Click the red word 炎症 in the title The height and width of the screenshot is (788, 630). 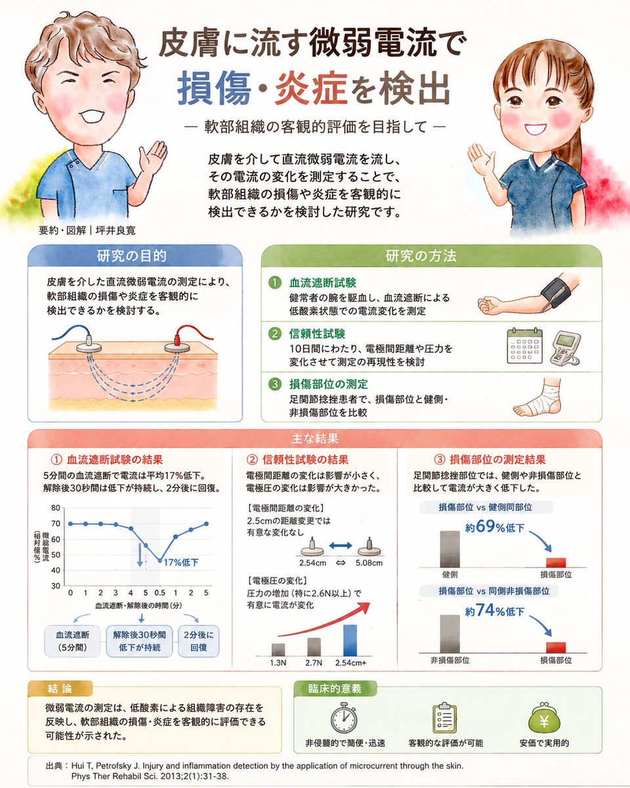click(x=311, y=88)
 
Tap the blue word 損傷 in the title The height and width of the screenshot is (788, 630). click(x=214, y=88)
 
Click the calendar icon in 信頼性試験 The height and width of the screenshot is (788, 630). click(x=524, y=347)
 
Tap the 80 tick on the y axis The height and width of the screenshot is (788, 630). click(x=56, y=508)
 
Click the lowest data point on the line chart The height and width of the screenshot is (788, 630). click(x=160, y=561)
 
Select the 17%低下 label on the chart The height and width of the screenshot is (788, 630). click(x=181, y=562)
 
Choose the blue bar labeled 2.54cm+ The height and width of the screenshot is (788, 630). click(x=350, y=640)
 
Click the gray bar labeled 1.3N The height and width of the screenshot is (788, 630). click(x=278, y=649)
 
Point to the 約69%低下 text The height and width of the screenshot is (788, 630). click(x=495, y=527)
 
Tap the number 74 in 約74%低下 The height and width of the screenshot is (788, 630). click(x=486, y=610)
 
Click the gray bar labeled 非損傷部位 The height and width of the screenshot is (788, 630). click(x=450, y=634)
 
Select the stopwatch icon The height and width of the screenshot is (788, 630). click(x=343, y=717)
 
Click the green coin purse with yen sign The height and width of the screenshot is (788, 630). click(x=544, y=718)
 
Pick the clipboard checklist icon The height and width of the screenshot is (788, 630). click(x=444, y=717)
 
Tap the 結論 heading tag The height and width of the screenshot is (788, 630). click(x=60, y=689)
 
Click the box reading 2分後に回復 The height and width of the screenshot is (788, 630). click(x=198, y=641)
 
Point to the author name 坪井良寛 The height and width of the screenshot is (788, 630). click(x=115, y=230)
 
